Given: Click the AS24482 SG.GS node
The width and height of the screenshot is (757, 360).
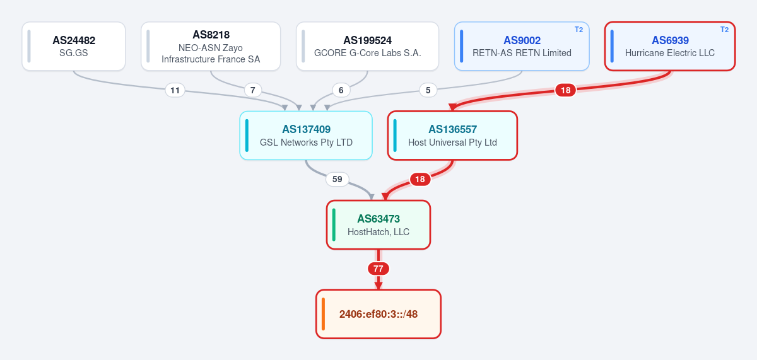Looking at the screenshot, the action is [74, 46].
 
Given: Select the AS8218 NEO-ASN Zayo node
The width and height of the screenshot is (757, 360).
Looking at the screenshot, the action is [211, 46].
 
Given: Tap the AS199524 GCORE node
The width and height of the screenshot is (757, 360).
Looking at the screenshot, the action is [367, 46].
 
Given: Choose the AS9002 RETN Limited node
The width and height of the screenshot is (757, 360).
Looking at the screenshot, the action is [522, 46].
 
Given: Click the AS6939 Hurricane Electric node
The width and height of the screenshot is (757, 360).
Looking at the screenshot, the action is [670, 46].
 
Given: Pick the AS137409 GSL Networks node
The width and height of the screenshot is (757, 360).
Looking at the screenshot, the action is [306, 136].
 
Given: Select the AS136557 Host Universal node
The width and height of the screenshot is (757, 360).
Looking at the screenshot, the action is [452, 136].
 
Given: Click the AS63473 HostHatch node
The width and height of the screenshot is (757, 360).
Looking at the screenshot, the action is [378, 225].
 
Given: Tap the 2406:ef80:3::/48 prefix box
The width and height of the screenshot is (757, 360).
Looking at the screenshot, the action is [378, 314].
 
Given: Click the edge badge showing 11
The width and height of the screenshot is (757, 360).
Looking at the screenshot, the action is [175, 90].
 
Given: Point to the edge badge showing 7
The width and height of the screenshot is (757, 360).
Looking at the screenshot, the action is [252, 90].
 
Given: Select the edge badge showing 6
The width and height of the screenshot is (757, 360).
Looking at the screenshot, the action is [341, 90].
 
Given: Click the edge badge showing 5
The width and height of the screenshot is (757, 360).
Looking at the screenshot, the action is [428, 90].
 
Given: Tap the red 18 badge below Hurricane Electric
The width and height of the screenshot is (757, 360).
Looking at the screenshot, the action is [565, 90].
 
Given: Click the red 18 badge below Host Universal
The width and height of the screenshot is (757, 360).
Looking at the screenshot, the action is [420, 179].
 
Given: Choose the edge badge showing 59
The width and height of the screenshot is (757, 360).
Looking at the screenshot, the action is [337, 179].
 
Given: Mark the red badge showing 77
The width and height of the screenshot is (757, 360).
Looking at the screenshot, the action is [378, 269].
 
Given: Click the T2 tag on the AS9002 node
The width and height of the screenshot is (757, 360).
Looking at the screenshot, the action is [578, 30].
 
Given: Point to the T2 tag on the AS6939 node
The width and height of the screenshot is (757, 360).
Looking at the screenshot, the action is [724, 30].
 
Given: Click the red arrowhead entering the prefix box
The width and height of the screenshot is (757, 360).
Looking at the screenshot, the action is [378, 286].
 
